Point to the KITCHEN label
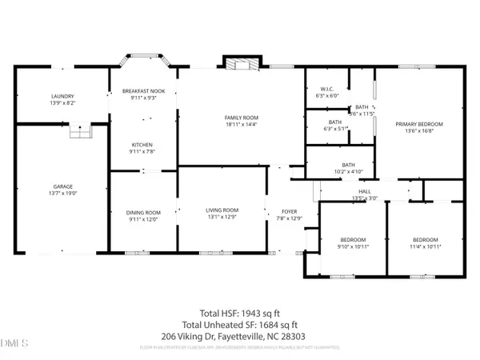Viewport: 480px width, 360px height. click(x=142, y=145)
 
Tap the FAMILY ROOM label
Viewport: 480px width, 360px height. click(x=241, y=118)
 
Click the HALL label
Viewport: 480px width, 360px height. click(x=364, y=191)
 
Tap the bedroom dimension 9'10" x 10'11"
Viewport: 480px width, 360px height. click(x=353, y=247)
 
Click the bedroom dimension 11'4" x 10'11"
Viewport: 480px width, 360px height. click(x=425, y=247)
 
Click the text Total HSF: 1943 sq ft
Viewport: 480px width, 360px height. click(x=240, y=313)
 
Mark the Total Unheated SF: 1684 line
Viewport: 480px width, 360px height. click(x=240, y=324)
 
